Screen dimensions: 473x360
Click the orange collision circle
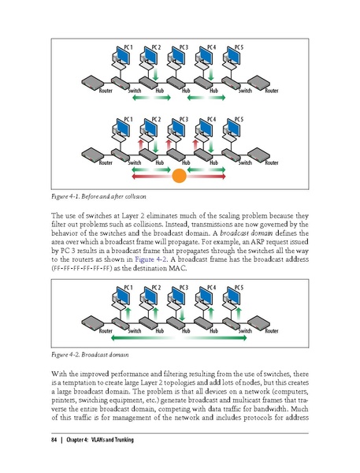tap(179, 176)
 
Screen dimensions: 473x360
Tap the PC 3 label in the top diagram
tap(184, 48)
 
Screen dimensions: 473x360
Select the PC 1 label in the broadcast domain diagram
tap(128, 288)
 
